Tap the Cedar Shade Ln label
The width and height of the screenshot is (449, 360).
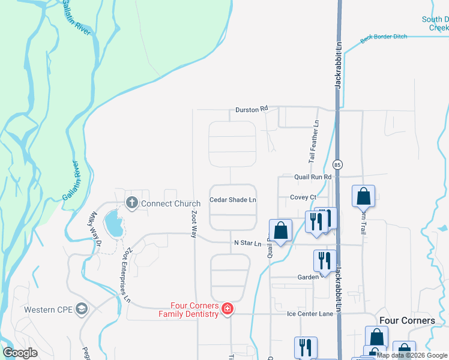(x=233, y=200)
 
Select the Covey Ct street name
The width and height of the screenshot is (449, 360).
(x=303, y=197)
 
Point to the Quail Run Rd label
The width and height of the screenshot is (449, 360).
(x=313, y=177)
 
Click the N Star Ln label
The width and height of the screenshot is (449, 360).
(x=248, y=243)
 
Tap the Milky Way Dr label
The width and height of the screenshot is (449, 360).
(x=94, y=226)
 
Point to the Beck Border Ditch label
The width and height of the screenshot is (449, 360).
(x=384, y=37)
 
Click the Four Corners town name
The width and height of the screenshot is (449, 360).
(x=406, y=320)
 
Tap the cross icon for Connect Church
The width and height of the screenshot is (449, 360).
(x=131, y=203)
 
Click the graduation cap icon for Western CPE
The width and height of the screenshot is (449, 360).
(x=82, y=310)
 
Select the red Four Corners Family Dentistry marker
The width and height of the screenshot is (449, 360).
(x=228, y=309)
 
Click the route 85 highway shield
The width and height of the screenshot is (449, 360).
(x=337, y=164)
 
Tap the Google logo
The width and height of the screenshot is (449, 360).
(x=20, y=352)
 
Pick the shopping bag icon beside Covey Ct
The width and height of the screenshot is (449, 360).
(x=363, y=196)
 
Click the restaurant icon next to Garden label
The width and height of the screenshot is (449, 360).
(x=324, y=260)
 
